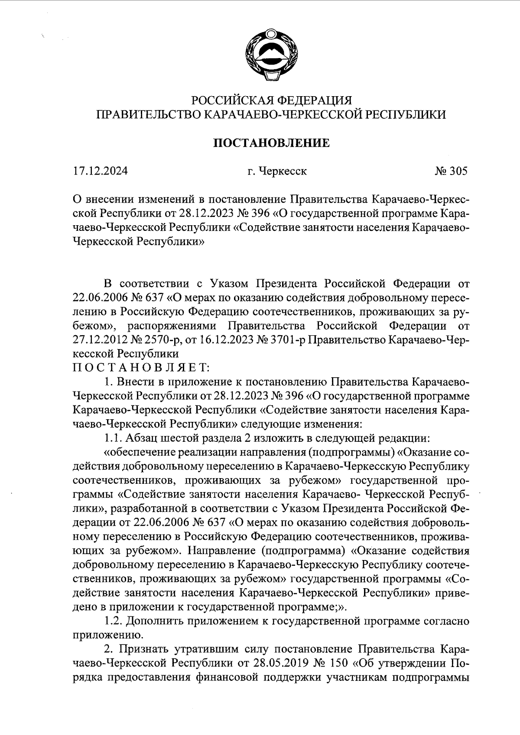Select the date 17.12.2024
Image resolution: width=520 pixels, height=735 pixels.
click(x=101, y=172)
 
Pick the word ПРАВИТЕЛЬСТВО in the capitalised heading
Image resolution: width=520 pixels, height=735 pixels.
click(x=147, y=114)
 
